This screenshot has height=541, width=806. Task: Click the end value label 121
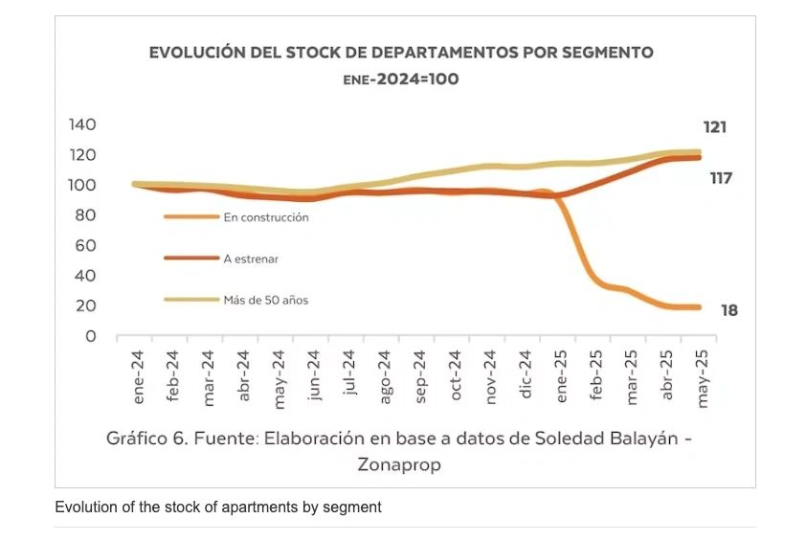point(715,127)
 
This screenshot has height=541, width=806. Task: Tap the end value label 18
point(728,310)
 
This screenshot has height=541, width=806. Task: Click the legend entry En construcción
point(265,217)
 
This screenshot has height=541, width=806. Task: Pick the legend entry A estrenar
point(250,259)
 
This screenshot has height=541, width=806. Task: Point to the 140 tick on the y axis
point(83,124)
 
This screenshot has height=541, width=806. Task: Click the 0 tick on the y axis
point(91,336)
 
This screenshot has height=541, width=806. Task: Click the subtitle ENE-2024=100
point(400,79)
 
